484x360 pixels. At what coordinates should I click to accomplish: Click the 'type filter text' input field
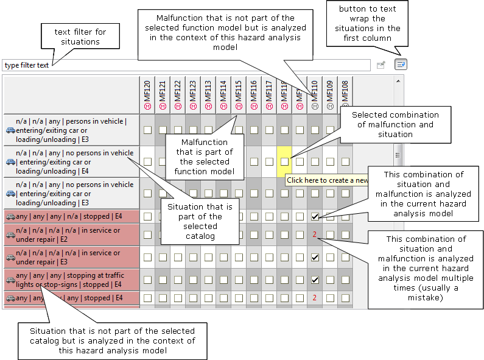coord(183,65)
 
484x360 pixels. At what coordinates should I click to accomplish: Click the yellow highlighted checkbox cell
coord(284,161)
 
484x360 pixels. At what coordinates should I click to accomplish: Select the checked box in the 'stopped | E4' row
coord(315,216)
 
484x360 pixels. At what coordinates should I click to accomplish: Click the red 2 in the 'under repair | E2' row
coord(315,235)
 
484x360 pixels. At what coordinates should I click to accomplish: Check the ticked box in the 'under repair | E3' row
coord(315,257)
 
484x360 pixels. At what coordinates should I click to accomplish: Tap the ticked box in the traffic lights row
coord(315,280)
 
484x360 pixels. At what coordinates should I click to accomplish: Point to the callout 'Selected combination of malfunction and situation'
coord(395,124)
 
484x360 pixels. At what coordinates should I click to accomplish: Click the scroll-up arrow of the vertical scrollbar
coord(399,80)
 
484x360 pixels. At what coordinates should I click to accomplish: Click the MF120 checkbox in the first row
coord(147,130)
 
